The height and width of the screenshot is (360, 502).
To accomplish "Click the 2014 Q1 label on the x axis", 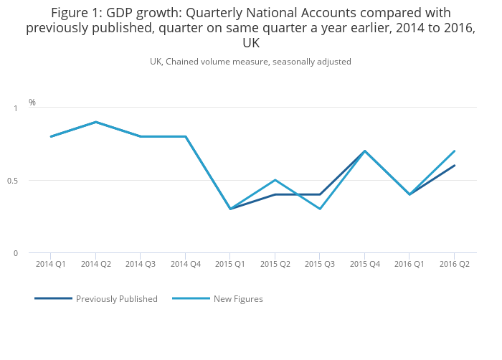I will point(51,264).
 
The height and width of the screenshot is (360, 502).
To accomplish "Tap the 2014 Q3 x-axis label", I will point(141,264).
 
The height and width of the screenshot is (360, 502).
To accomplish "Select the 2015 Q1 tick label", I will point(230,264).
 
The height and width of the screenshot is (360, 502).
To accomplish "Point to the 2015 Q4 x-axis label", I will point(364,264).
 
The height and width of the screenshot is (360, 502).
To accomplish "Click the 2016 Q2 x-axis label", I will point(454,264).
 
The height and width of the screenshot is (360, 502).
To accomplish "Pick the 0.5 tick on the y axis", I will point(12,181).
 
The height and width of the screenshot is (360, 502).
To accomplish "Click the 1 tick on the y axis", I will point(16,108).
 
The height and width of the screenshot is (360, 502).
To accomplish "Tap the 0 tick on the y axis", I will point(16,253).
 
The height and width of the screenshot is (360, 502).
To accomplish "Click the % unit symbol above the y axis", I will point(32,103).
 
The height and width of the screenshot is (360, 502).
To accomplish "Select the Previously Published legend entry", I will point(116,299).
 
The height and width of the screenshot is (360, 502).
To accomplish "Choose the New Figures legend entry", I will point(238,299).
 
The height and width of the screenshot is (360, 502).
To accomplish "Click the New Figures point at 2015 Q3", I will point(320,209).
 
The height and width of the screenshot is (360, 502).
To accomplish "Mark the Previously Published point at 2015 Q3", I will point(320,194).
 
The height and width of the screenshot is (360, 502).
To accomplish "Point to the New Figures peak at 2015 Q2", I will point(275,180).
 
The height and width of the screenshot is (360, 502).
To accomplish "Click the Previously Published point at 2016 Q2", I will point(454,166).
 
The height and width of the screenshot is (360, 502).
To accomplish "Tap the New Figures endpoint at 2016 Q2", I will point(454,151).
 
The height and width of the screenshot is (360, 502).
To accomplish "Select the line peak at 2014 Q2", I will point(95,122).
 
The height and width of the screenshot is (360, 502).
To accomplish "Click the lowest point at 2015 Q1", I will point(230,209).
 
